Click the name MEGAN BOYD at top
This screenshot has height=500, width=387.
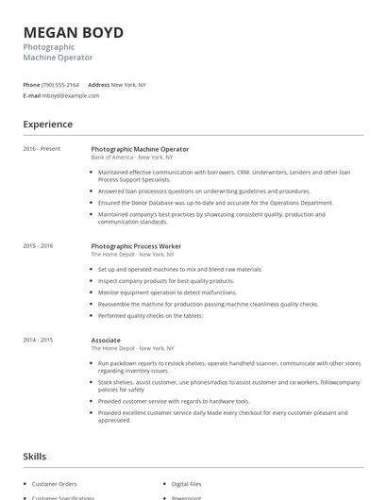coord(73,33)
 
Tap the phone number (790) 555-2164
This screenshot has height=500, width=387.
coord(60,84)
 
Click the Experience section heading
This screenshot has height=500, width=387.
coord(47,124)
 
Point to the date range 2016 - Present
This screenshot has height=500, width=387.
coord(42,149)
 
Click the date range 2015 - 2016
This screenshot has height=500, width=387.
coord(39,246)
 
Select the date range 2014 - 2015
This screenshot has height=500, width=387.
coord(39,340)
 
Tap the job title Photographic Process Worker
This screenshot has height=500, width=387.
coord(136,246)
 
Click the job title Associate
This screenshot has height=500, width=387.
coord(105,340)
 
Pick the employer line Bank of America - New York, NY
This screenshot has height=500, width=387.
coord(132,158)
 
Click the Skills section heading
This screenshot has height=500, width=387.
coord(34,457)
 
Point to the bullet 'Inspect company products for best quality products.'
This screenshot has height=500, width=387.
coord(166,280)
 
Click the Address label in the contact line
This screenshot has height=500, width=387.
coord(98,84)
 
